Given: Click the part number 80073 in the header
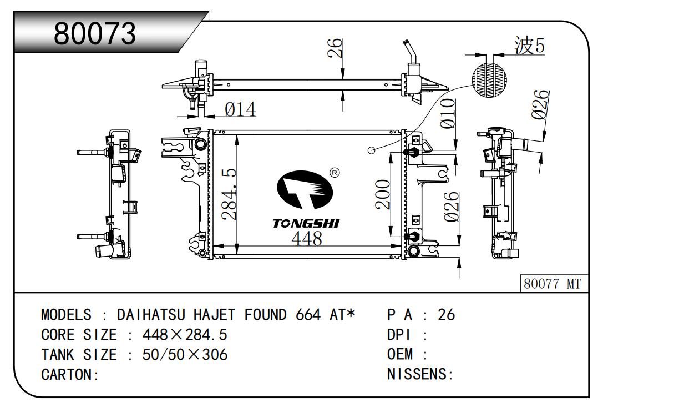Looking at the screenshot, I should click(95, 34).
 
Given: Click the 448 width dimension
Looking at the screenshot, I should click(306, 239).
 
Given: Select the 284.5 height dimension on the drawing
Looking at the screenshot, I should click(229, 194).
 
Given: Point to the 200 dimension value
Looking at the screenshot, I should click(383, 194).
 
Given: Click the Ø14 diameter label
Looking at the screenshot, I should click(240, 110).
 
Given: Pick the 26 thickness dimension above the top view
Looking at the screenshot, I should click(335, 49).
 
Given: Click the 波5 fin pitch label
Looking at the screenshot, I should click(529, 46).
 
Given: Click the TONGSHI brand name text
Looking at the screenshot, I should click(306, 223).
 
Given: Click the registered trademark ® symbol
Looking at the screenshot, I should click(335, 173).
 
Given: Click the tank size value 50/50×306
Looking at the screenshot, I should click(185, 354).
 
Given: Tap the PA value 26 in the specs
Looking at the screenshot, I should click(446, 315).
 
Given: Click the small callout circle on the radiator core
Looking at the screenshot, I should click(372, 150).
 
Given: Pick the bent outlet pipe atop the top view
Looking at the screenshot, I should click(411, 53).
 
